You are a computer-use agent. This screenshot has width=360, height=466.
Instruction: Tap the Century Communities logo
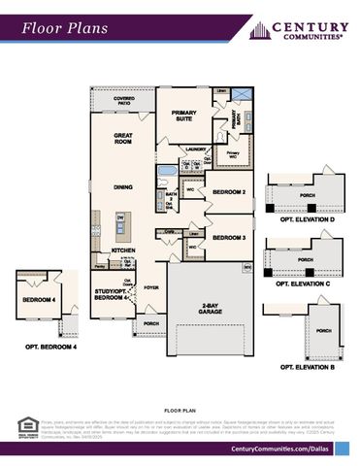coord(300,30)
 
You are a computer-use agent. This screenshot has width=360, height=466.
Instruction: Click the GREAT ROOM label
coord(123,138)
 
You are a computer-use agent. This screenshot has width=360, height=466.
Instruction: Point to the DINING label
coord(123,186)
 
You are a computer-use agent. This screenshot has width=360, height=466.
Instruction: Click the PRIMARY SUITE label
coord(184,116)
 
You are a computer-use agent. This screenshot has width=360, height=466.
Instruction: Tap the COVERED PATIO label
coord(124,100)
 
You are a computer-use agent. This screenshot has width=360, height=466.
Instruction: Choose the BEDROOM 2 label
coord(228,191)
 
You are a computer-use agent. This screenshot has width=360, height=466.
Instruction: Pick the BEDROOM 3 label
coord(228,237)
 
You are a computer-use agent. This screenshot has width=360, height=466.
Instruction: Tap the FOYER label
coord(151,287)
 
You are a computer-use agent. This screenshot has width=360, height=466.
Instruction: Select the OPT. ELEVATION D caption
coord(306,219)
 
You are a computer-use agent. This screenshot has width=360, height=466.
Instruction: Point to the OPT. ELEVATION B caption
coord(307,368)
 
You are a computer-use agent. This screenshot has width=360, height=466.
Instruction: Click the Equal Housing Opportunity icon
coord(26,425)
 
